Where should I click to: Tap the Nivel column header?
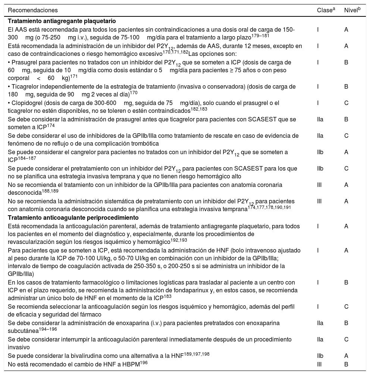pyautogui.click(x=352, y=10)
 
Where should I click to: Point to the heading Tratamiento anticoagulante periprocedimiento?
pyautogui.click(x=73, y=217)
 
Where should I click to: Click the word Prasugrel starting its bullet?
pyautogui.click(x=23, y=63)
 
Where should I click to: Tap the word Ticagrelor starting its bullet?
pyautogui.click(x=24, y=86)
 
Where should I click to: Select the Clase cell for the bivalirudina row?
pyautogui.click(x=320, y=356)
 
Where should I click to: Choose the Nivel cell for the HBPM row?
pyautogui.click(x=347, y=364)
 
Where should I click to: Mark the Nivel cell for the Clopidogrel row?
pyautogui.click(x=347, y=103)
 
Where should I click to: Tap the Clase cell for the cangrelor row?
pyautogui.click(x=320, y=152)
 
